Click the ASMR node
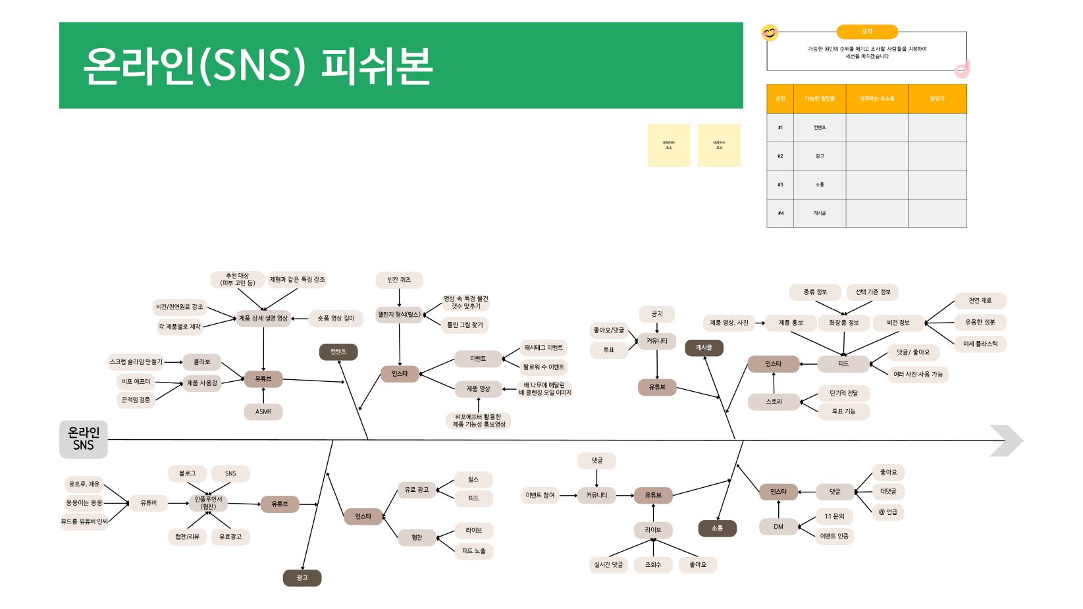pyautogui.click(x=263, y=411)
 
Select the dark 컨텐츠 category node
pyautogui.click(x=338, y=352)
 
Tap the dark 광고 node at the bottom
pyautogui.click(x=302, y=578)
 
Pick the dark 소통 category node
pyautogui.click(x=717, y=528)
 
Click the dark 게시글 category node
pyautogui.click(x=704, y=348)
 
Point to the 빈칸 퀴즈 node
pyautogui.click(x=399, y=280)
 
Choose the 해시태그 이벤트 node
pyautogui.click(x=543, y=348)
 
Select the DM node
pyautogui.click(x=778, y=527)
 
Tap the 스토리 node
pyautogui.click(x=774, y=402)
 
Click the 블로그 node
pyautogui.click(x=187, y=473)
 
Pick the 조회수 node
pyautogui.click(x=652, y=565)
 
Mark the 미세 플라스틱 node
pyautogui.click(x=980, y=344)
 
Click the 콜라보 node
pyautogui.click(x=202, y=362)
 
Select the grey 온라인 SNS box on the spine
pyautogui.click(x=84, y=439)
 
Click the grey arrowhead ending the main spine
pyautogui.click(x=1007, y=440)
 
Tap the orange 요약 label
pyautogui.click(x=867, y=32)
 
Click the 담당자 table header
pyautogui.click(x=937, y=99)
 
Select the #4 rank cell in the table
pyautogui.click(x=780, y=213)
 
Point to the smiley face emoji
pyautogui.click(x=770, y=32)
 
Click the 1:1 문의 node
pyautogui.click(x=834, y=516)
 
